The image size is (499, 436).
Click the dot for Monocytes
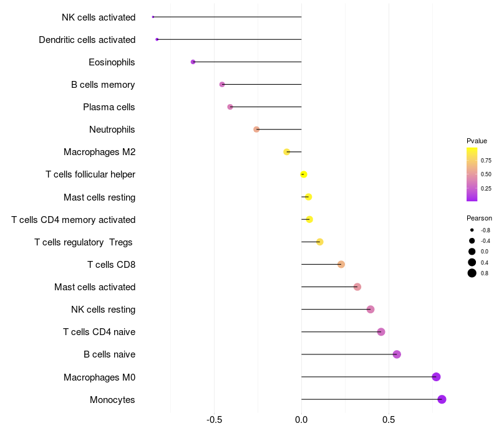[442, 399]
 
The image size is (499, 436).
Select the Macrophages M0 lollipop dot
[436, 377]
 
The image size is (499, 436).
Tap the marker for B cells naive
[397, 354]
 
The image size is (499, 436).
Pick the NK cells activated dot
[153, 17]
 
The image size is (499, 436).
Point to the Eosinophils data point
[193, 62]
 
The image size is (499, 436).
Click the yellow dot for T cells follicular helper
[304, 174]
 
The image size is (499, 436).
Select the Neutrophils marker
[256, 130]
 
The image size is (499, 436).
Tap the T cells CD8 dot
[341, 265]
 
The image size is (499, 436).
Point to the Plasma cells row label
[109, 107]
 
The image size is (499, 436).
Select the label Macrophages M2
[99, 152]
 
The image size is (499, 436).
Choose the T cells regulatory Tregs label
[84, 242]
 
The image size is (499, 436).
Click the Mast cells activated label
[94, 287]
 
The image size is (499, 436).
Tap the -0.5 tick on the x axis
[215, 419]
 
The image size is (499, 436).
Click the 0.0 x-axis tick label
[301, 419]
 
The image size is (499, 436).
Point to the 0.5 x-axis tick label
[388, 419]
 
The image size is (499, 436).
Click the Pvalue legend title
[477, 141]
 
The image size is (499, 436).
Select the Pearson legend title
[479, 218]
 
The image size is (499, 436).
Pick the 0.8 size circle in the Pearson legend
[472, 273]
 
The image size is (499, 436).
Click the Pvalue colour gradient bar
[472, 174]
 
